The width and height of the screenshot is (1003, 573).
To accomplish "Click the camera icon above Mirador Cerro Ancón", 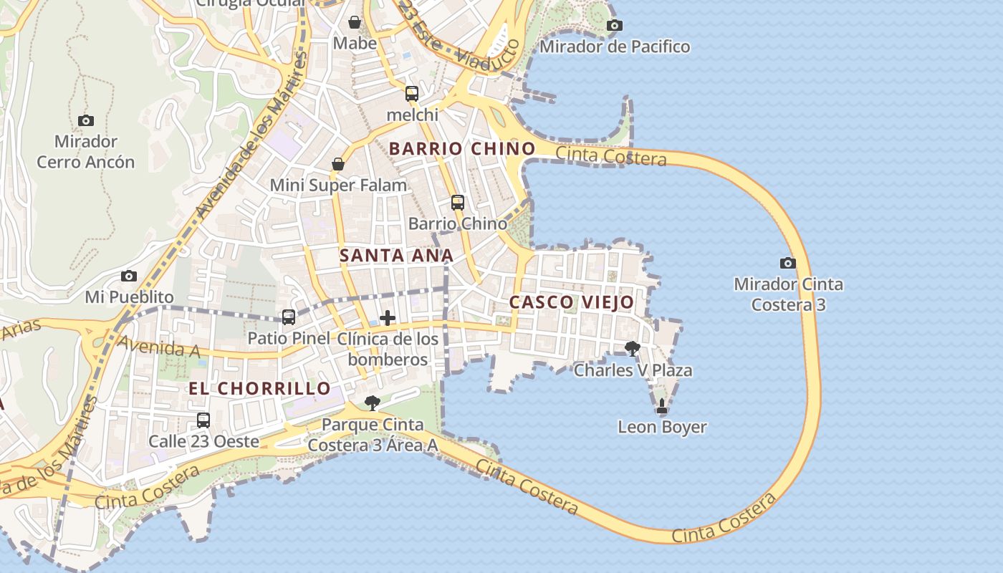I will click(x=86, y=120).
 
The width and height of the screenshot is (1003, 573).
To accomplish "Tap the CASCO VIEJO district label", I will click(x=572, y=302).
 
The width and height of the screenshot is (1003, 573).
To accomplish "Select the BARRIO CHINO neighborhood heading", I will click(x=462, y=149).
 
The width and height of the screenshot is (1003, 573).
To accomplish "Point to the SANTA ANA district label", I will click(x=396, y=256).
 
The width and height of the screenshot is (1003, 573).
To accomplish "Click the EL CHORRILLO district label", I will click(x=259, y=389).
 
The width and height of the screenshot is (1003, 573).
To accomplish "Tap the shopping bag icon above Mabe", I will click(x=354, y=22).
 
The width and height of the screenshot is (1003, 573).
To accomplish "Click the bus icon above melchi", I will click(x=412, y=94).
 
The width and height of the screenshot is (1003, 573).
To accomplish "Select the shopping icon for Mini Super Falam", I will click(x=338, y=165).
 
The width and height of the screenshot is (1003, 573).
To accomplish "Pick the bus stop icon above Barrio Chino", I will click(x=458, y=203).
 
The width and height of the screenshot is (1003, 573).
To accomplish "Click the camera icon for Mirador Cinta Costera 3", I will click(x=788, y=264).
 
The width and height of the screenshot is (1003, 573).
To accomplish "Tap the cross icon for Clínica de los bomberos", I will click(x=388, y=318).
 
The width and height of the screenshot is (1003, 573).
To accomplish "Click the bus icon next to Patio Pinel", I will click(x=289, y=317).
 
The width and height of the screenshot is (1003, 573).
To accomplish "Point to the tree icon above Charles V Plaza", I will click(x=633, y=349).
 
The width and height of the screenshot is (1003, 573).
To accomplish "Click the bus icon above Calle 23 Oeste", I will click(x=203, y=420).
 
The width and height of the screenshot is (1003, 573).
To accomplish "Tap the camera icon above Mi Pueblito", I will click(x=129, y=276).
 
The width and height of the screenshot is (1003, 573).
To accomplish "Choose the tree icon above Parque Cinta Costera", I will click(x=372, y=403).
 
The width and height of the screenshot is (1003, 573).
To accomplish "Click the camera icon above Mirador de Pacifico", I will click(x=614, y=26).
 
